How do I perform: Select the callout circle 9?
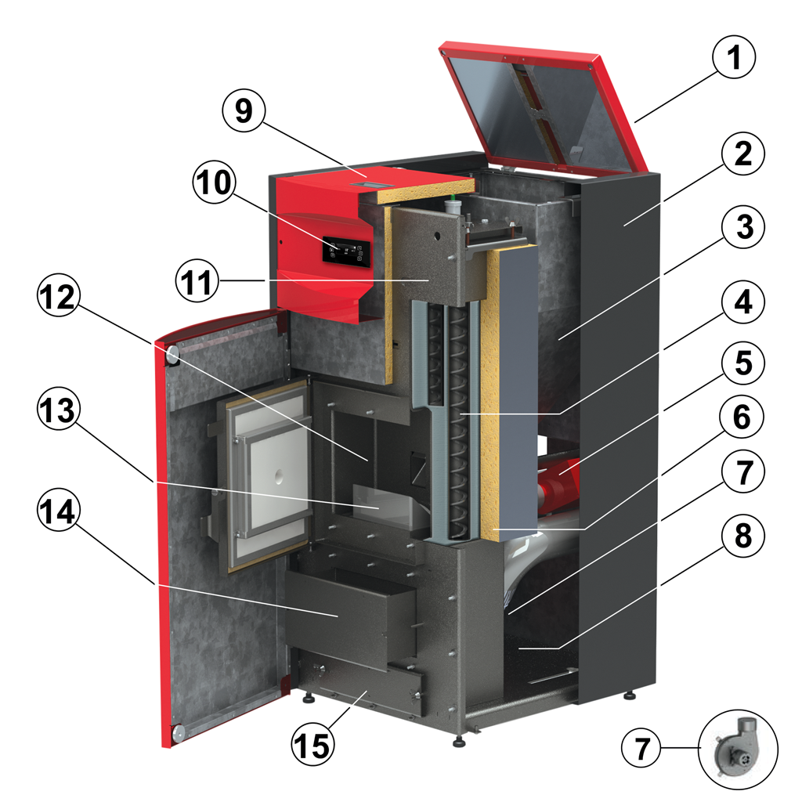click(x=244, y=111)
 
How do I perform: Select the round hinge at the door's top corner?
click(x=172, y=357)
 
